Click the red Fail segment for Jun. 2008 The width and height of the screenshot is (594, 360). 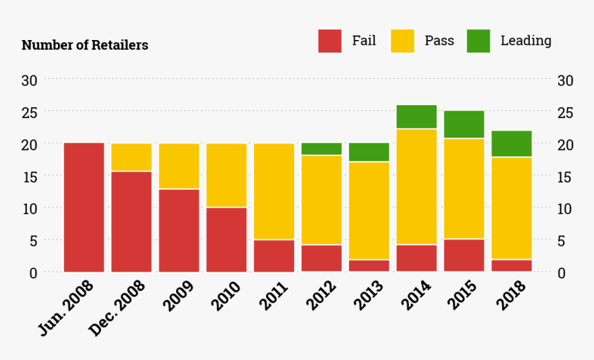[84, 207]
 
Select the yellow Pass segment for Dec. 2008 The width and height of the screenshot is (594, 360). [131, 157]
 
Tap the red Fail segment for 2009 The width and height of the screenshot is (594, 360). [179, 230]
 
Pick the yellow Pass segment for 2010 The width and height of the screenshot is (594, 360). [227, 175]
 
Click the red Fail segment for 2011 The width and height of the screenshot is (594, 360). [274, 256]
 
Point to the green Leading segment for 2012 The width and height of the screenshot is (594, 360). [321, 149]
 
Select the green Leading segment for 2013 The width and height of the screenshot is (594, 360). [369, 152]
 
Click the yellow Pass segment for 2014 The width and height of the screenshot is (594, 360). [416, 187]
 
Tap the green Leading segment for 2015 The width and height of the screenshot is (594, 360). [464, 124]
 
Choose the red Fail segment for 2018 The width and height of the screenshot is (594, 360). [511, 265]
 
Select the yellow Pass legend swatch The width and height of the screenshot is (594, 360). [403, 41]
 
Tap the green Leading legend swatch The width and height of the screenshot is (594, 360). [478, 41]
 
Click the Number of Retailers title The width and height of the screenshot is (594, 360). [85, 46]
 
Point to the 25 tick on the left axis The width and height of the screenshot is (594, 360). [29, 112]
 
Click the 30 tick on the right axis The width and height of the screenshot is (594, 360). [565, 80]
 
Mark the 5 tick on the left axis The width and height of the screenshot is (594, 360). [32, 240]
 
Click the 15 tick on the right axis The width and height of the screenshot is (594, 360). [565, 176]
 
